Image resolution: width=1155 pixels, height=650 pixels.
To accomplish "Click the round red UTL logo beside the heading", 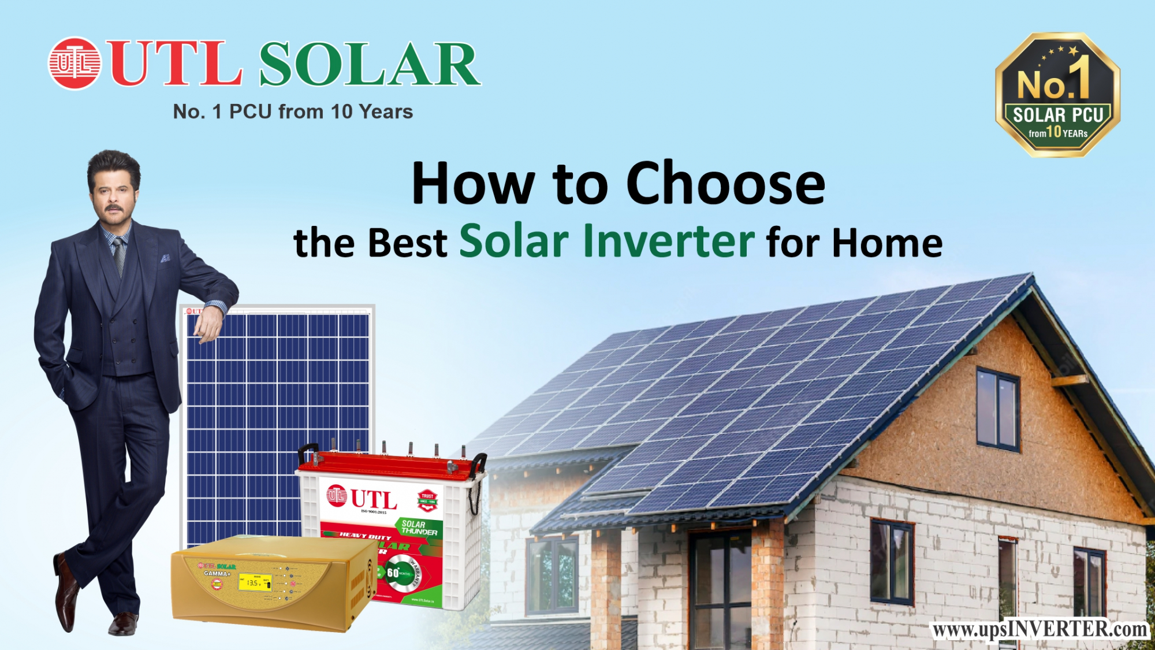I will click(74, 64).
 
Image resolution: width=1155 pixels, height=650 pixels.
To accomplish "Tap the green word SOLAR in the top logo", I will click(370, 65).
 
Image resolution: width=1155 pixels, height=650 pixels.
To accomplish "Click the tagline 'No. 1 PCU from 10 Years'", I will click(293, 112).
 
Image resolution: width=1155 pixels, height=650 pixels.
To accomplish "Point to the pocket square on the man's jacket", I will click(166, 258).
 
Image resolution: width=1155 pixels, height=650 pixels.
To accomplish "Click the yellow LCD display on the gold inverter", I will click(254, 582).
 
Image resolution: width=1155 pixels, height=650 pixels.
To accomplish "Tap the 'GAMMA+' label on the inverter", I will click(217, 574).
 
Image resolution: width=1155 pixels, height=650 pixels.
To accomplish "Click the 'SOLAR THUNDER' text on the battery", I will click(419, 528).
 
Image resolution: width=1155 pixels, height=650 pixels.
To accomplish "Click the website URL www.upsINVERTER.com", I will click(1040, 629).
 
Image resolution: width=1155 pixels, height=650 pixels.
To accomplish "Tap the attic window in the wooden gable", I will click(997, 409).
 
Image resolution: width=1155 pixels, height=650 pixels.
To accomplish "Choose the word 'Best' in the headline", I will click(407, 243).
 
